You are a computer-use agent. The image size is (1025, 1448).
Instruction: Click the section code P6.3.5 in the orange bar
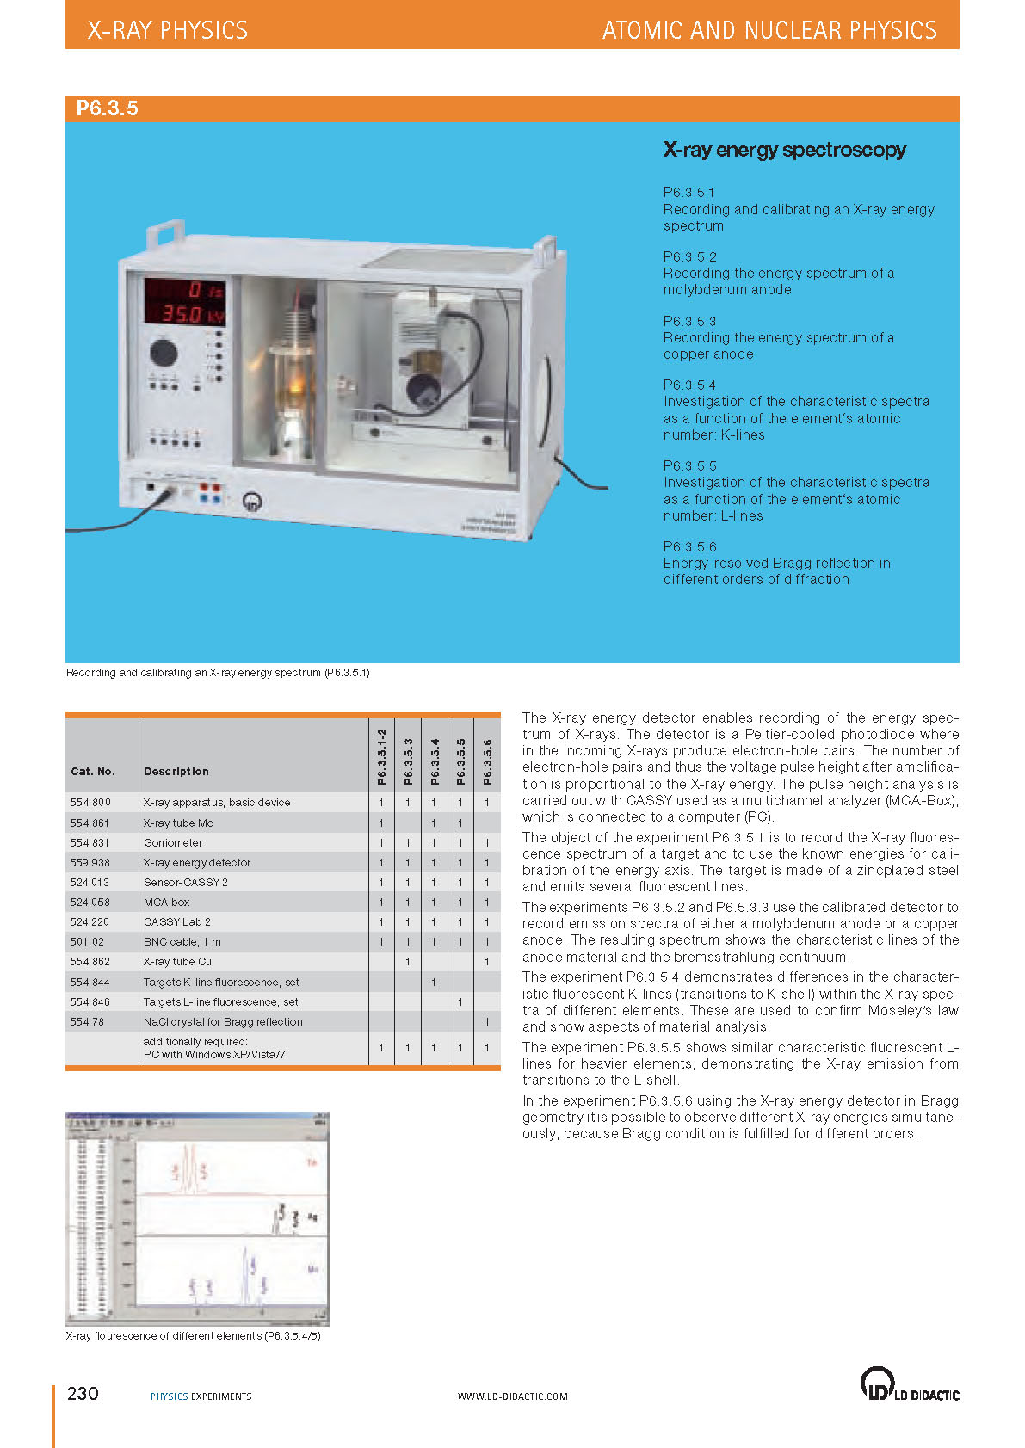[107, 108]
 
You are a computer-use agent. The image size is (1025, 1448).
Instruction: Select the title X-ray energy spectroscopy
[784, 150]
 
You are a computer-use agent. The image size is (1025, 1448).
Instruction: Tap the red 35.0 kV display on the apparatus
[185, 314]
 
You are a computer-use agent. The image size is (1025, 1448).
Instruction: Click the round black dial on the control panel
[164, 352]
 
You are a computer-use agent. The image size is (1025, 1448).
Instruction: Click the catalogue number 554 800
[90, 802]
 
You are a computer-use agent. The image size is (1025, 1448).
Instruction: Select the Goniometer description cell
[173, 842]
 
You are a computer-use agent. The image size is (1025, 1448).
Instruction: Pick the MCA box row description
[167, 902]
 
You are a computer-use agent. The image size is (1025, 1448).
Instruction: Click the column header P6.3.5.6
[487, 761]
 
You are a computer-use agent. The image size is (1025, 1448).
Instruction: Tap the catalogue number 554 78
[87, 1021]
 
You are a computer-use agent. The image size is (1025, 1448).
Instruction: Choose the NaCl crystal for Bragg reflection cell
[223, 1021]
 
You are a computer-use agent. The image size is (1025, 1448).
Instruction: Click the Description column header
[176, 771]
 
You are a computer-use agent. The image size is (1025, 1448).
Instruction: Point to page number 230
[83, 1393]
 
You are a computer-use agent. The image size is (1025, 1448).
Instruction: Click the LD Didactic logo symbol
[876, 1383]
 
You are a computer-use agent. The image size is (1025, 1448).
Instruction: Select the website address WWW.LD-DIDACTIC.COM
[512, 1396]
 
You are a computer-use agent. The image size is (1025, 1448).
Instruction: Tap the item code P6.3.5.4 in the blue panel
[689, 385]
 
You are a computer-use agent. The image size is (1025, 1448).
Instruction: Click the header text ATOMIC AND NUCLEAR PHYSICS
[769, 30]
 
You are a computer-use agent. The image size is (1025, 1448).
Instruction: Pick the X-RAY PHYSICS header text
[168, 30]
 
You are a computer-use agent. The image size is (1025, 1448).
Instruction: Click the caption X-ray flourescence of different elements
[193, 1335]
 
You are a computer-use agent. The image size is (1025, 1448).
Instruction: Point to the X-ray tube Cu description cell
[177, 961]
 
